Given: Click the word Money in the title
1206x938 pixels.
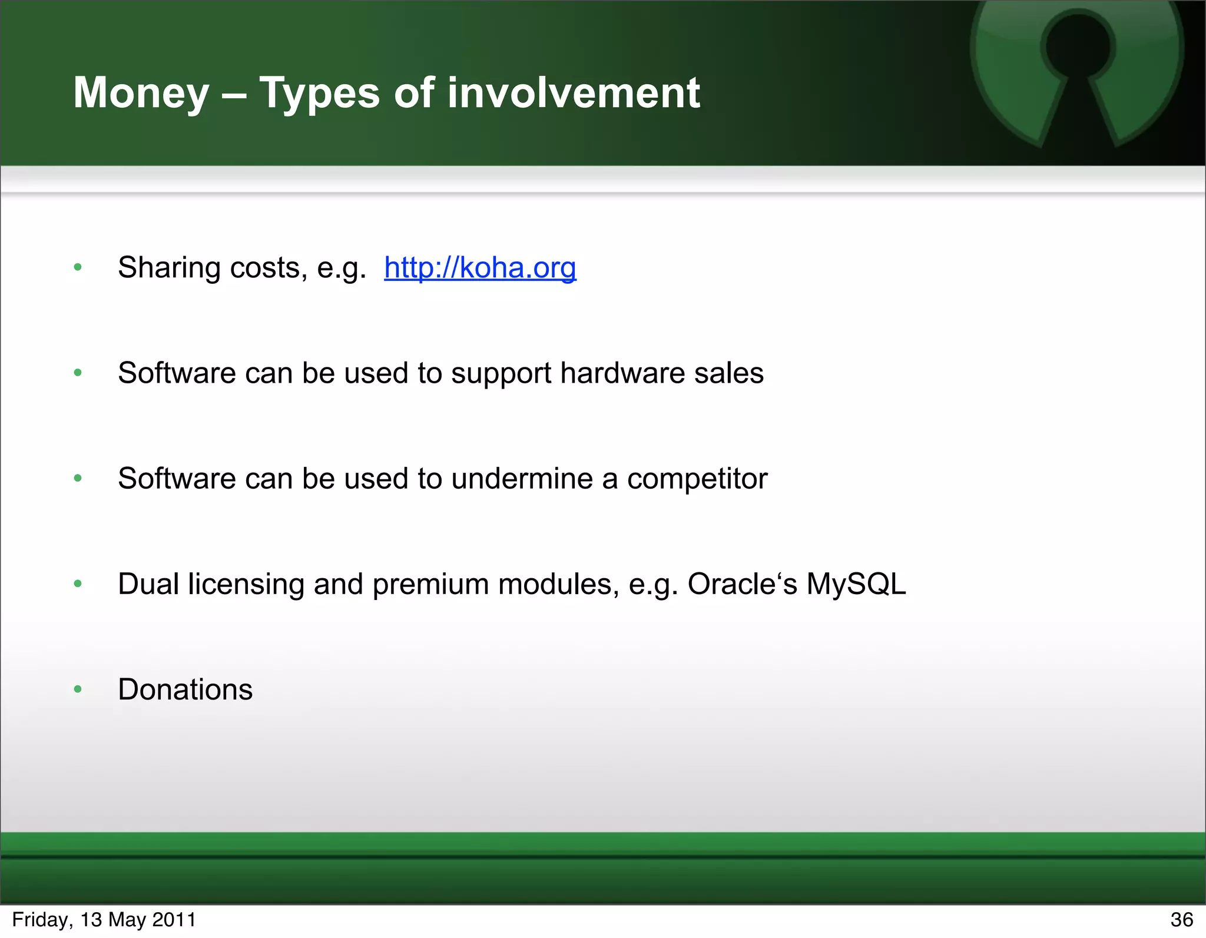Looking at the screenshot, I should tap(141, 93).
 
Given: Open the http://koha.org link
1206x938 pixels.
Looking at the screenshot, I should tap(480, 268).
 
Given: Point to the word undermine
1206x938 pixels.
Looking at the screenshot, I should tap(522, 478).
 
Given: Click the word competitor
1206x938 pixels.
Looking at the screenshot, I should tap(697, 478).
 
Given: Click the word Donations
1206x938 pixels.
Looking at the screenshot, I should tap(185, 690).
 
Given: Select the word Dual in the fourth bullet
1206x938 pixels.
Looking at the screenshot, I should tap(148, 584).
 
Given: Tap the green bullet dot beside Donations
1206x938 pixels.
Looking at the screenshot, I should tap(78, 690).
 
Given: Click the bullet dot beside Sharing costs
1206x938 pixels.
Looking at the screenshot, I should tap(78, 268).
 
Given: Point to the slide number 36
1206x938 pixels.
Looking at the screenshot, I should tap(1181, 920).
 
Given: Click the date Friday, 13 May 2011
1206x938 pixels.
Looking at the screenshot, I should tap(104, 920).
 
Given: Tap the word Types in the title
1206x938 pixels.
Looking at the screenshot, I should tap(320, 93).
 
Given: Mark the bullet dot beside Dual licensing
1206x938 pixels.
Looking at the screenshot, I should tap(78, 584).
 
